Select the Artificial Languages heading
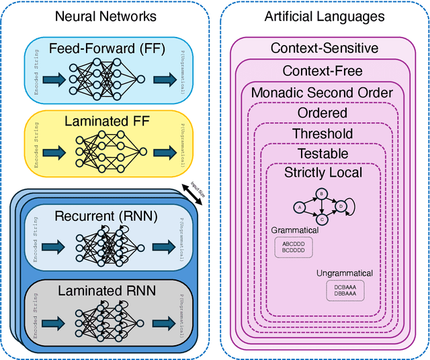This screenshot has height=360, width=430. click(324, 16)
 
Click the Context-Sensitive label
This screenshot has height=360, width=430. click(324, 48)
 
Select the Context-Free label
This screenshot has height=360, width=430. click(324, 71)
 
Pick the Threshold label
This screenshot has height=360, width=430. click(322, 134)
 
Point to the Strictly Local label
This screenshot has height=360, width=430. click(323, 173)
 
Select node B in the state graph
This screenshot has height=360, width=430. click(322, 194)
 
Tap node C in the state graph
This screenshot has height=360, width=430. click(322, 219)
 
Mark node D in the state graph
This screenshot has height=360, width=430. click(342, 206)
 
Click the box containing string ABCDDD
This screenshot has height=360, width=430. click(294, 246)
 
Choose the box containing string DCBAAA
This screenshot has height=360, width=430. click(344, 289)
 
